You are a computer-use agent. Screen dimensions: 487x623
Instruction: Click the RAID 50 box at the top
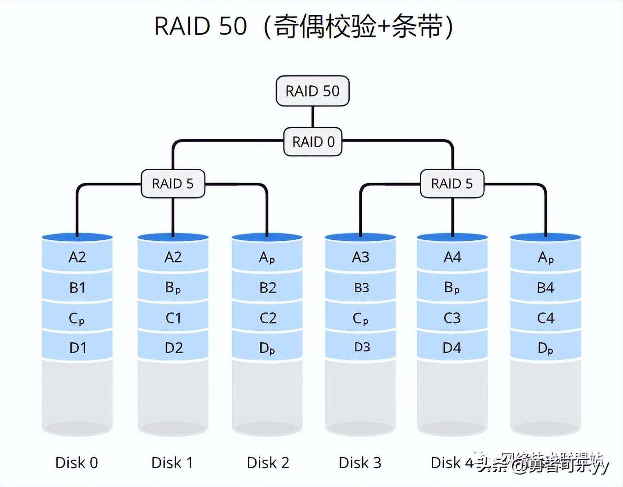[x=312, y=91]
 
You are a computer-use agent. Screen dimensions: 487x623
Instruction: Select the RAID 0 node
[x=313, y=142]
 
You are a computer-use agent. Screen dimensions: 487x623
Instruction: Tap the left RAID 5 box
[x=173, y=184]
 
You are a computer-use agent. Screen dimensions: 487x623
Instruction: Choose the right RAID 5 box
[x=452, y=184]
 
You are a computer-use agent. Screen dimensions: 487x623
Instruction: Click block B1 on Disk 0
[x=77, y=288]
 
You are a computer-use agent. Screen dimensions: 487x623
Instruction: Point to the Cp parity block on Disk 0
[x=77, y=318]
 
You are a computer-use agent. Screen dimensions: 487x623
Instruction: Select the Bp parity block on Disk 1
[x=173, y=288]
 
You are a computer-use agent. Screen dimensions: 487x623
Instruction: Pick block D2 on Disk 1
[x=173, y=348]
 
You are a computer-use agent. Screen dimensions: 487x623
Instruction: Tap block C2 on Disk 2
[x=268, y=318]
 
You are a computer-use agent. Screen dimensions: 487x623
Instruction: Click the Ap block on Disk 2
[x=267, y=257]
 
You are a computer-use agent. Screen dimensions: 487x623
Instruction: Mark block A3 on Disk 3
[x=360, y=257]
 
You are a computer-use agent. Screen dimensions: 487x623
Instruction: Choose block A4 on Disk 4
[x=452, y=257]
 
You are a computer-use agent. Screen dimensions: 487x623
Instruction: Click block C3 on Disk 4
[x=452, y=318]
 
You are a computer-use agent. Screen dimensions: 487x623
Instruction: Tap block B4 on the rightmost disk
[x=546, y=288]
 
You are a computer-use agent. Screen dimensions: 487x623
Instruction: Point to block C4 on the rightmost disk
[x=546, y=318]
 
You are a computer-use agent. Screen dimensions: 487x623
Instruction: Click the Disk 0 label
[x=76, y=463]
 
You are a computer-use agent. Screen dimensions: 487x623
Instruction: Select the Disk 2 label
[x=268, y=463]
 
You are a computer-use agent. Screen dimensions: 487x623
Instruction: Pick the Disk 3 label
[x=360, y=463]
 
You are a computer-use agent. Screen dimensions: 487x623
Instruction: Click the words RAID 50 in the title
[x=200, y=26]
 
